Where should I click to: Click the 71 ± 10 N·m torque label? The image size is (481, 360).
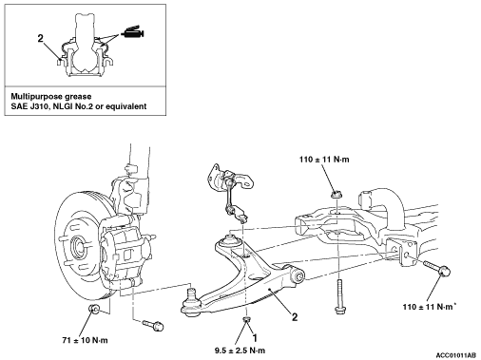point(85,340)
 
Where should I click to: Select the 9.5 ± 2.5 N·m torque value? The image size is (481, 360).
point(240,351)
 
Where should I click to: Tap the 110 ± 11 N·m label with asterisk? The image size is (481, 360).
point(430,306)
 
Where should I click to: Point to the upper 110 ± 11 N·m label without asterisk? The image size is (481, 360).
point(324,160)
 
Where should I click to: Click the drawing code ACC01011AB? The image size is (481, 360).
point(455,355)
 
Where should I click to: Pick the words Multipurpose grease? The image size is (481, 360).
point(51,96)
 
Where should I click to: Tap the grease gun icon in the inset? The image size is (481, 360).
point(132,32)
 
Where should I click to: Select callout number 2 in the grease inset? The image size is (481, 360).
point(40,39)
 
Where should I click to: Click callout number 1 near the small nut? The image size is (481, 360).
point(255,338)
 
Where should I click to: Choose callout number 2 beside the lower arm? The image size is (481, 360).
point(295,317)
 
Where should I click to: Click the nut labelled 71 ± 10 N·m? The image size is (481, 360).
point(94,309)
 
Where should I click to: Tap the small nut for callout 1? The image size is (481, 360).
point(246,318)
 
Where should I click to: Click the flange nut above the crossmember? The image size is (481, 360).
point(336,194)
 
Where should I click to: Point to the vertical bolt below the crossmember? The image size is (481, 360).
point(339,296)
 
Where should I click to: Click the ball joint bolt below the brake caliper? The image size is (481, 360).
point(153,325)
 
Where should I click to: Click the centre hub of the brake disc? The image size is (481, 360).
point(78,244)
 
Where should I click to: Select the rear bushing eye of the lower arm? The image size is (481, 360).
point(298,275)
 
